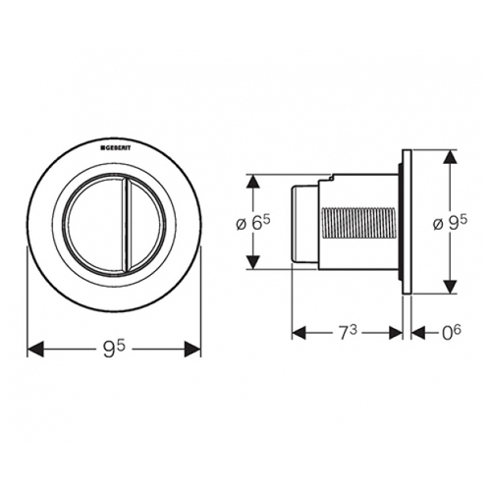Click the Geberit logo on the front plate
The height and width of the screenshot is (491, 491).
(116, 148)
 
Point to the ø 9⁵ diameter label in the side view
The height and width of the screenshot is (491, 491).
(450, 223)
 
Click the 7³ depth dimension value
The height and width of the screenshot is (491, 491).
(347, 334)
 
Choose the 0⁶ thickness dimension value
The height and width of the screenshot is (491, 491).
(452, 333)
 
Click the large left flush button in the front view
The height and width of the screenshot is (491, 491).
(95, 223)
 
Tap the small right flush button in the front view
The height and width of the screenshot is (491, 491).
(144, 223)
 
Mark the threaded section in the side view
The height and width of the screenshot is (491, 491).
(360, 223)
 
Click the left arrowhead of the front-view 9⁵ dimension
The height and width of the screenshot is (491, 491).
(35, 349)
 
